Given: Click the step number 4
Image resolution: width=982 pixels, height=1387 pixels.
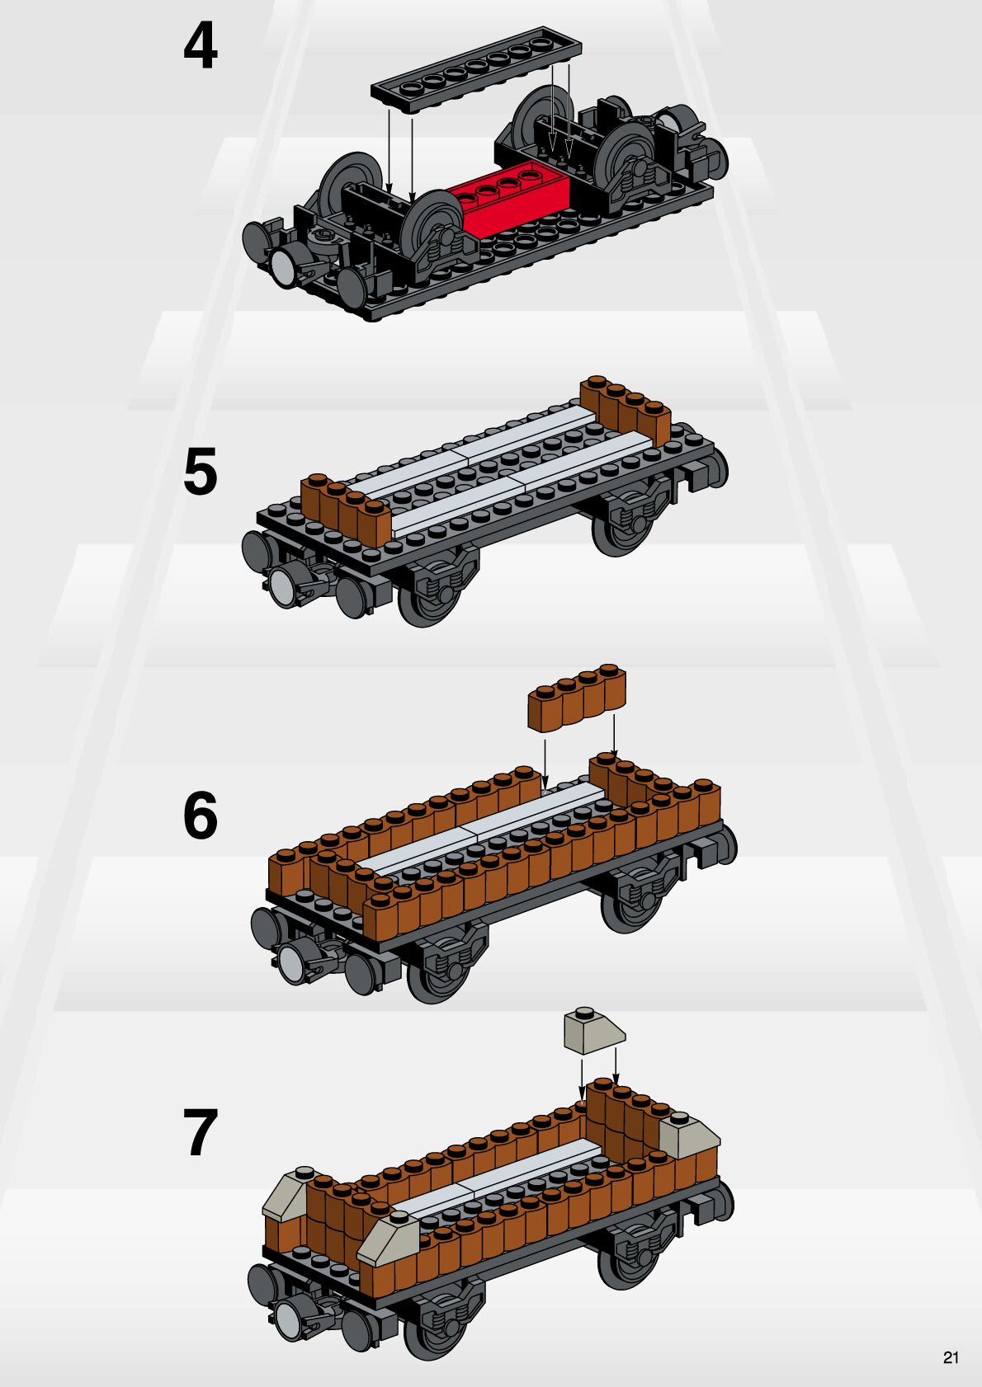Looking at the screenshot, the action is (201, 47).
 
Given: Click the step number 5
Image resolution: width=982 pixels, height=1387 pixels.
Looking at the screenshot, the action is (201, 471).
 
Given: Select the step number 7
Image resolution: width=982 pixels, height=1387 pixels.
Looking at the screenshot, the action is (201, 1132).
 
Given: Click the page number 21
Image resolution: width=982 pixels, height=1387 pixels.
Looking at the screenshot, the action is (951, 1358).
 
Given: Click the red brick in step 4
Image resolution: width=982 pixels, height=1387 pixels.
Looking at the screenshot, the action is (513, 195).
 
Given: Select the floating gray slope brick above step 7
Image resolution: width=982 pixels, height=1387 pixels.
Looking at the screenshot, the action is (594, 1031).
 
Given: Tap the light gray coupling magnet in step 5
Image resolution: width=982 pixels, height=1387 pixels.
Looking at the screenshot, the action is (282, 585).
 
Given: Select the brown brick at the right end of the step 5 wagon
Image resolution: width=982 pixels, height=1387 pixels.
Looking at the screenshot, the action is (626, 410).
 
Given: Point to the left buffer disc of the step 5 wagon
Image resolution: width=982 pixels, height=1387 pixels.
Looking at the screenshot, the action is (254, 551).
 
